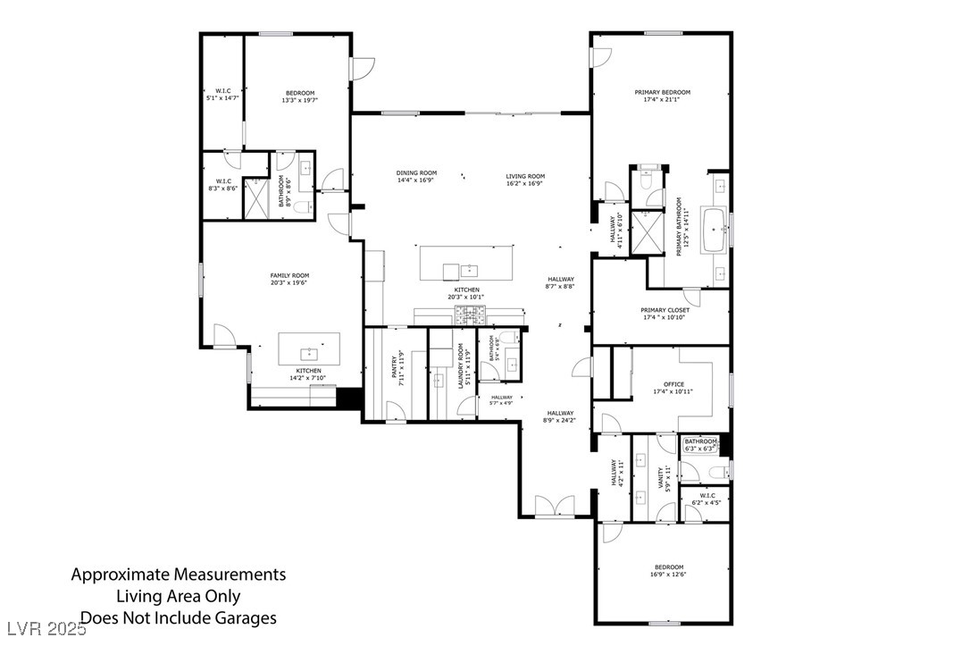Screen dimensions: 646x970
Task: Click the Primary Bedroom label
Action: [662, 92]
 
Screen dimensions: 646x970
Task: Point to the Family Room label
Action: [289, 275]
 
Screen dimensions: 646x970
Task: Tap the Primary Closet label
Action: [665, 310]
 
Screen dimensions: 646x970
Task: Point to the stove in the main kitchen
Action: [471, 314]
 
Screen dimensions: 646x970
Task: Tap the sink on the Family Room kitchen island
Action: [310, 353]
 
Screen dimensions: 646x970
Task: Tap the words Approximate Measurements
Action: [179, 575]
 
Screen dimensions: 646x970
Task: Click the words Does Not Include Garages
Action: [179, 617]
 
